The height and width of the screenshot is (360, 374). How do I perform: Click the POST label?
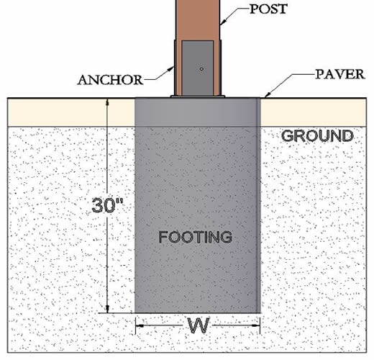tap(268, 9)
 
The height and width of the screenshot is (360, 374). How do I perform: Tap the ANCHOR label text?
tap(110, 80)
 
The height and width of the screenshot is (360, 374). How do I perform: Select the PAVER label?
tap(340, 74)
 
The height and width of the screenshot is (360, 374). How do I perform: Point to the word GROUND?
tap(317, 136)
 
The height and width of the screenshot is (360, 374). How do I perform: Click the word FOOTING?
tap(196, 237)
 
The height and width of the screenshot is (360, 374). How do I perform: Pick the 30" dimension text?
tap(107, 205)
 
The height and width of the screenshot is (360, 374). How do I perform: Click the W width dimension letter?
tap(199, 325)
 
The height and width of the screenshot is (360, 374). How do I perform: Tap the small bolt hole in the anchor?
tap(201, 69)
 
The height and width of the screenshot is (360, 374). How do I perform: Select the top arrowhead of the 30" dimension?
tap(107, 102)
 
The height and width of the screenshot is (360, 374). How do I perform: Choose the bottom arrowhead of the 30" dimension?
tap(107, 309)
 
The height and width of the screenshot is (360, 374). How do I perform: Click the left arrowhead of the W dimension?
tap(140, 326)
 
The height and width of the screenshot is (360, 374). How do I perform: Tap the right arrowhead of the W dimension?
tap(256, 325)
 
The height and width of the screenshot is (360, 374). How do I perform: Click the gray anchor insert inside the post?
tap(198, 68)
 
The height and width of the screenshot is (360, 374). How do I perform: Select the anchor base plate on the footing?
tap(198, 96)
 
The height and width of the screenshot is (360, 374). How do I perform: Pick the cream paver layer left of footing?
tap(71, 112)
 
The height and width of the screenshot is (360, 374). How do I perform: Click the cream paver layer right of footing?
tap(314, 112)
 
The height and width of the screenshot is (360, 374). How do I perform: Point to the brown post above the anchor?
tap(198, 19)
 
